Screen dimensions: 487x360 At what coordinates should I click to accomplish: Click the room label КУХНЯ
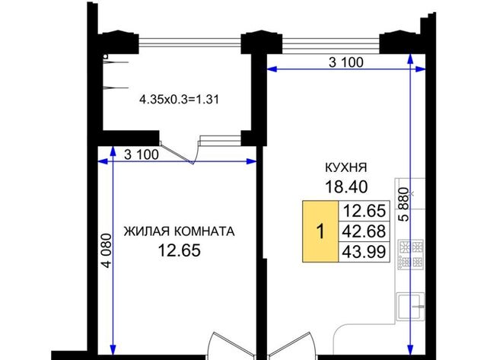(345, 167)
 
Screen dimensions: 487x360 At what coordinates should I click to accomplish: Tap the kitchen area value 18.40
(346, 186)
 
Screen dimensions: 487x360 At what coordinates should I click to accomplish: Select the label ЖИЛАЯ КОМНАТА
(180, 231)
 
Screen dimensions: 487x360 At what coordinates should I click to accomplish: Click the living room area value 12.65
(180, 250)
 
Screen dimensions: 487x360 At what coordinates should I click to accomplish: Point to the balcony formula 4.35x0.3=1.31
(180, 100)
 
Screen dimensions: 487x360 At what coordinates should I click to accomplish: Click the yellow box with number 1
(320, 231)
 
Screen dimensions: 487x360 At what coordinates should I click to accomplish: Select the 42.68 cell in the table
(364, 231)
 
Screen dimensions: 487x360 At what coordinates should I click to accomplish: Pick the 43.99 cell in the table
(364, 252)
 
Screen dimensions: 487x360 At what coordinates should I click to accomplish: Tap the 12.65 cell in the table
(364, 211)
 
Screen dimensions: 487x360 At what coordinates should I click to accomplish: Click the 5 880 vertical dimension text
(404, 204)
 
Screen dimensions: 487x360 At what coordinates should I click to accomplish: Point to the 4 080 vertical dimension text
(107, 250)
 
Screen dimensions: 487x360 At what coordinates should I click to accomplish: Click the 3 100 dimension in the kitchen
(346, 62)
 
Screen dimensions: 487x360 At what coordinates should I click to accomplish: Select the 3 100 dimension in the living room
(142, 155)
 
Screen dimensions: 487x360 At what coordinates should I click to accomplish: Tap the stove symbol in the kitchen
(411, 254)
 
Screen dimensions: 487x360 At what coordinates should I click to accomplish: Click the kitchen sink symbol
(411, 307)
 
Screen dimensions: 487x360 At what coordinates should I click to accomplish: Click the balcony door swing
(180, 152)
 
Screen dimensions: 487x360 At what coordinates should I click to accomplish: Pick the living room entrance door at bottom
(231, 345)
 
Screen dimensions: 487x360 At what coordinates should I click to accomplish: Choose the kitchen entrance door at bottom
(292, 345)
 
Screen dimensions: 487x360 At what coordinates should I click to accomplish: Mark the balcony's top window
(189, 43)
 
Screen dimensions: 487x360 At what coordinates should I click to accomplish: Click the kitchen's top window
(331, 44)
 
